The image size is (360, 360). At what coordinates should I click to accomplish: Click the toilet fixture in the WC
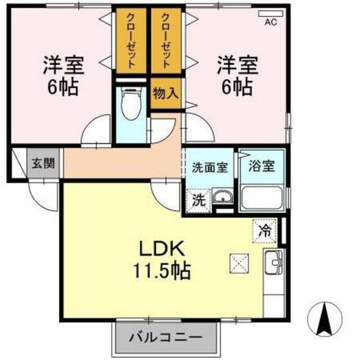pos(131,104)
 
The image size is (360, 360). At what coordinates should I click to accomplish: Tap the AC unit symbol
pos(271,13)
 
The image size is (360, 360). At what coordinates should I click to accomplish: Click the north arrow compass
pos(325,319)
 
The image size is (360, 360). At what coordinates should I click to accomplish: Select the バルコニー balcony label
pos(166,337)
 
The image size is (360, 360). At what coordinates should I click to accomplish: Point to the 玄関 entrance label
pos(43,163)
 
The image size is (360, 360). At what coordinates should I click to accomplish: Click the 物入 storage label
pos(166,93)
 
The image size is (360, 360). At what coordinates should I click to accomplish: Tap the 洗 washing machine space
pos(199,201)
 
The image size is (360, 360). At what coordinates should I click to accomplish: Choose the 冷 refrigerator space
pos(264,231)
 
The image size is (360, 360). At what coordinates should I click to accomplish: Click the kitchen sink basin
pos(273,262)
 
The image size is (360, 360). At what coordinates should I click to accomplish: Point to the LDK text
pos(163,249)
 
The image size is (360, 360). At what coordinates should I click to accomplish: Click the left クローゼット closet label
pos(131,41)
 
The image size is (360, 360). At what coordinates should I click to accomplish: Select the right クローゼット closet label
pos(166,40)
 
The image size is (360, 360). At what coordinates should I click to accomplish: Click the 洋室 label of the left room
pos(64,65)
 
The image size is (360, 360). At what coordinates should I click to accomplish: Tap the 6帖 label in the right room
pos(237,88)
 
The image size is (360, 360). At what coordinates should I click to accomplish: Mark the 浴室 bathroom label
pos(262,166)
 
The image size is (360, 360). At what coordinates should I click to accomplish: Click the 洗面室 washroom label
pos(210,168)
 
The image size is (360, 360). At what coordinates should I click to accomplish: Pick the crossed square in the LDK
pos(239,263)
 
